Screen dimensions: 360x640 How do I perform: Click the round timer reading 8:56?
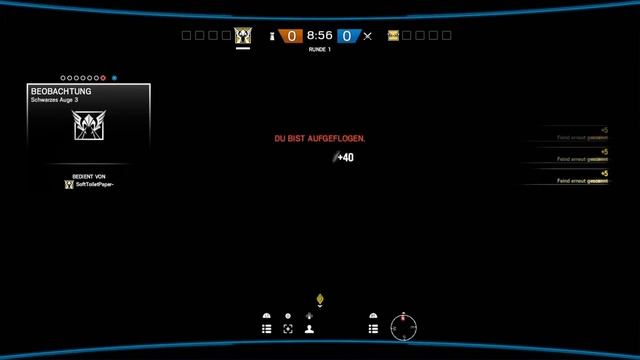click(320, 35)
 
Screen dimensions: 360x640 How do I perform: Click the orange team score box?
click(291, 35)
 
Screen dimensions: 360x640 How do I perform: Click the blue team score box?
click(347, 35)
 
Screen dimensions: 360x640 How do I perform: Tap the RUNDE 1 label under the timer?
click(320, 48)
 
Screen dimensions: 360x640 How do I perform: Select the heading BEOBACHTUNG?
click(62, 91)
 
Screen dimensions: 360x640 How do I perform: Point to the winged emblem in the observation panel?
click(88, 125)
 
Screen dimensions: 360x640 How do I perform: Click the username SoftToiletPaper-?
click(94, 184)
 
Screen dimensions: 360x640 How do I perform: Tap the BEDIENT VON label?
click(88, 175)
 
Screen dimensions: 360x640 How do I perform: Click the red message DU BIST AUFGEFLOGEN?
click(320, 138)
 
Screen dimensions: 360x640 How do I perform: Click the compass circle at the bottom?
click(404, 327)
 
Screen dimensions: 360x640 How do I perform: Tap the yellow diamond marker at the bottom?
click(320, 298)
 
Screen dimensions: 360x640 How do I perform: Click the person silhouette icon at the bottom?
click(310, 327)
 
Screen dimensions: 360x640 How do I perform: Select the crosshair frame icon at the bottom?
click(288, 327)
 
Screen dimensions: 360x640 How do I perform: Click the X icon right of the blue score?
click(368, 35)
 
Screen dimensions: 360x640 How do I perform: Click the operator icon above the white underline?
click(243, 35)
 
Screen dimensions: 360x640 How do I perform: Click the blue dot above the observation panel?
click(114, 77)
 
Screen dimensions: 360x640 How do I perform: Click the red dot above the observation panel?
click(102, 77)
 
